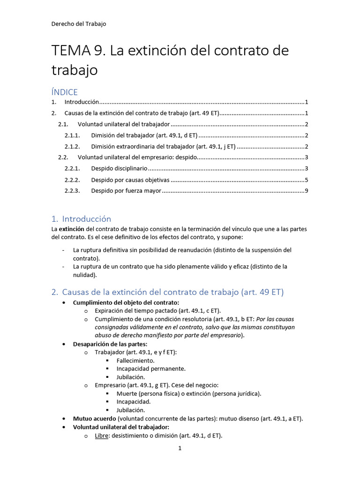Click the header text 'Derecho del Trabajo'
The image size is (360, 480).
pyautogui.click(x=79, y=24)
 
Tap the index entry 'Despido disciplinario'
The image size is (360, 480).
pyautogui.click(x=119, y=168)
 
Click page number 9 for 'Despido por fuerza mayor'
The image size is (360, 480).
pyautogui.click(x=306, y=191)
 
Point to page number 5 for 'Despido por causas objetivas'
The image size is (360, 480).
pyautogui.click(x=306, y=180)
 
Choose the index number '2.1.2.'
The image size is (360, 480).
pyautogui.click(x=73, y=147)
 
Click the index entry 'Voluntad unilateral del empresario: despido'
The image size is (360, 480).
pyautogui.click(x=137, y=157)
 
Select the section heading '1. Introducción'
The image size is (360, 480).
pyautogui.click(x=81, y=219)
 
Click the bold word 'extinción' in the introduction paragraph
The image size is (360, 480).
pyautogui.click(x=72, y=229)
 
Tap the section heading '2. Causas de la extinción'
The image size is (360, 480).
pyautogui.click(x=168, y=292)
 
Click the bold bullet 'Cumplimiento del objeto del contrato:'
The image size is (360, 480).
pyautogui.click(x=126, y=302)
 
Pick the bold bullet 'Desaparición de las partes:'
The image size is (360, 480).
pyautogui.click(x=110, y=344)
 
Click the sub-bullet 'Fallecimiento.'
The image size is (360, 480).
pyautogui.click(x=135, y=360)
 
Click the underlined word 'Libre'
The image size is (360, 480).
pyautogui.click(x=102, y=435)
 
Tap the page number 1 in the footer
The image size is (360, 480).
pyautogui.click(x=180, y=449)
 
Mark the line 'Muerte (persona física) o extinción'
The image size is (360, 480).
pyautogui.click(x=189, y=393)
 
